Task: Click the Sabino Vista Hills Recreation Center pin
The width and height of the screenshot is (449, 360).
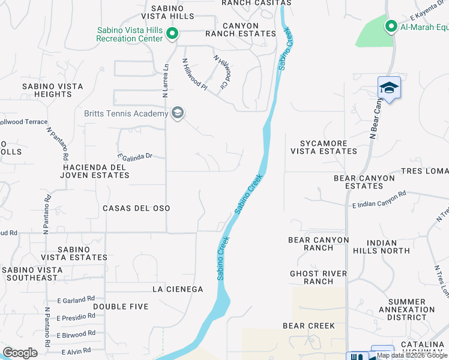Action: pos(172,33)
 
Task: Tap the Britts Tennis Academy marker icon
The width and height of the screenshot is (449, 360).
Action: pos(177,113)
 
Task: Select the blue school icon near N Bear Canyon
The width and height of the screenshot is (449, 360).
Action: pos(389,88)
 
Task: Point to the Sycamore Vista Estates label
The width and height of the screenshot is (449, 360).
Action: pos(324,148)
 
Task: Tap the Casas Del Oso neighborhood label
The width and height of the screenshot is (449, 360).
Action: pos(136,208)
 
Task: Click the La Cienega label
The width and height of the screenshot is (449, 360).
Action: pos(178,289)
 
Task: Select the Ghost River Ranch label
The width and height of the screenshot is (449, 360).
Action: pos(318,277)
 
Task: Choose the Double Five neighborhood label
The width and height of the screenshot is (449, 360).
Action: pos(121,307)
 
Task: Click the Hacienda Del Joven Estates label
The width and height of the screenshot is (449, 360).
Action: pos(95,171)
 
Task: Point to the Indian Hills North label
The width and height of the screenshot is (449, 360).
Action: pos(381,246)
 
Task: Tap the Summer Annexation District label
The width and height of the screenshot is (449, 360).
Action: pos(411,310)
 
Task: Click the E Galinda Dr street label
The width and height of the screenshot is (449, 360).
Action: pos(135,156)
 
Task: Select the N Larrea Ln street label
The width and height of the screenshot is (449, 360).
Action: pos(166,80)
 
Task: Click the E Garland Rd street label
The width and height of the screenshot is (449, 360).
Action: pos(76,298)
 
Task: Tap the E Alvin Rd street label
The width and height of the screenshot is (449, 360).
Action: pos(74,350)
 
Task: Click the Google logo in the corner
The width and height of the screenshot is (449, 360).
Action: pos(20,353)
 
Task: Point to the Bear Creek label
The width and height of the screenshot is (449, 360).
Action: pos(309,326)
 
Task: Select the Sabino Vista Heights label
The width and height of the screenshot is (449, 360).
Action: pos(52,90)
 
